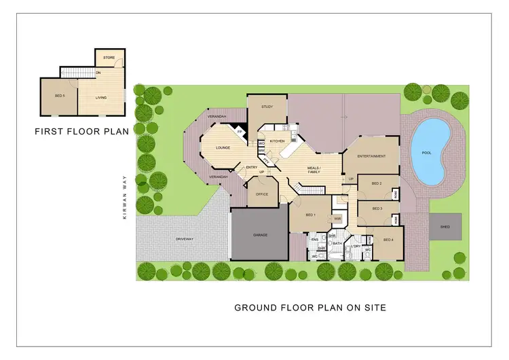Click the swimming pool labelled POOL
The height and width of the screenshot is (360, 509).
(x=426, y=152)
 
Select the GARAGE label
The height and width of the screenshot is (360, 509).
(x=260, y=234)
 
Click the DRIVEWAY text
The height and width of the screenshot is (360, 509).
(x=185, y=239)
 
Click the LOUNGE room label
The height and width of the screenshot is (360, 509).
(x=223, y=147)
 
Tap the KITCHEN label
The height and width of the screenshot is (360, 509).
(x=277, y=141)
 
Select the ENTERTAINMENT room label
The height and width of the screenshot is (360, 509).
(x=371, y=156)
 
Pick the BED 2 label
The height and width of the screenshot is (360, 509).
(x=376, y=183)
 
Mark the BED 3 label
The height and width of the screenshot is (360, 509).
(x=376, y=209)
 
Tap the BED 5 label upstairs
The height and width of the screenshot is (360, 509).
(x=60, y=96)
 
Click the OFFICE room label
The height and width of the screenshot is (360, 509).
(x=261, y=194)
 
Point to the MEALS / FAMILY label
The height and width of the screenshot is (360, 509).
(x=314, y=169)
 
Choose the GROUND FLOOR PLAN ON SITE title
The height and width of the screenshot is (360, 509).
(x=309, y=307)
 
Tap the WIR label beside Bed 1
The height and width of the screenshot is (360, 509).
(x=337, y=219)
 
